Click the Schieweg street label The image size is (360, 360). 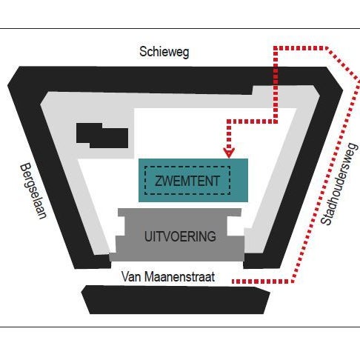coord(164,52)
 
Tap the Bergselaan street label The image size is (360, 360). coord(33,190)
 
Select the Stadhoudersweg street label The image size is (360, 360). coord(339,184)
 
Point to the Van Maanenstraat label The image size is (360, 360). coord(168,277)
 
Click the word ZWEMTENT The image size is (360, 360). coord(187,181)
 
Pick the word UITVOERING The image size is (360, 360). coord(180,236)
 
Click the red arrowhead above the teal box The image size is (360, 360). coord(229,153)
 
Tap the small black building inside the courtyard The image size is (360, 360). coord(102,136)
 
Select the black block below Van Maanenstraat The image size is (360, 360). coord(176,300)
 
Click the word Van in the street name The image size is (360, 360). coord(130,277)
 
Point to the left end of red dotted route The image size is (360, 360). coord(233,281)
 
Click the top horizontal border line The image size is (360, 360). coord(180,28)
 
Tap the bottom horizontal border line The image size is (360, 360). coord(180,327)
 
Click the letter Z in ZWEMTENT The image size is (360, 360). coord(159,181)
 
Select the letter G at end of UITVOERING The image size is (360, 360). coord(212,236)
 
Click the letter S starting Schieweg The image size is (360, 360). coord(143,52)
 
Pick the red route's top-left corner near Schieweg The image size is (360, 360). coord(276,48)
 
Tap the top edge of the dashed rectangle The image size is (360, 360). coord(187,167)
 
